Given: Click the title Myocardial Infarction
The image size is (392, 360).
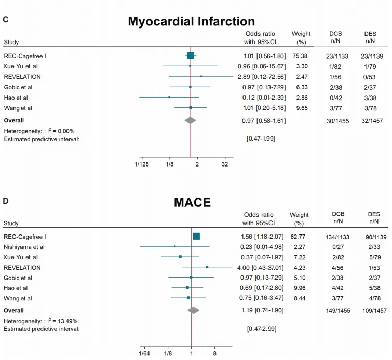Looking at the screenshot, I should coord(192,21).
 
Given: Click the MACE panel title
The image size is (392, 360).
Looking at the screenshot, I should coord(192,202).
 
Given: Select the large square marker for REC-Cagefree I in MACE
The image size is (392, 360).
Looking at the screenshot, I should coord(196,236).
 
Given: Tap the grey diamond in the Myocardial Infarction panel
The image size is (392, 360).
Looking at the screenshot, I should coord(191,120).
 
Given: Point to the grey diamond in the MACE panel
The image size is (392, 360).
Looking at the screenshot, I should coord(194,310).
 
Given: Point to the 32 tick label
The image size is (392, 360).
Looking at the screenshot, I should coord(225,163).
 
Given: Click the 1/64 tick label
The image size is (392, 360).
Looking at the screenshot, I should coord(144,353).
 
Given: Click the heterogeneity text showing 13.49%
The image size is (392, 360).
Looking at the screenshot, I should coord(41,321).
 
